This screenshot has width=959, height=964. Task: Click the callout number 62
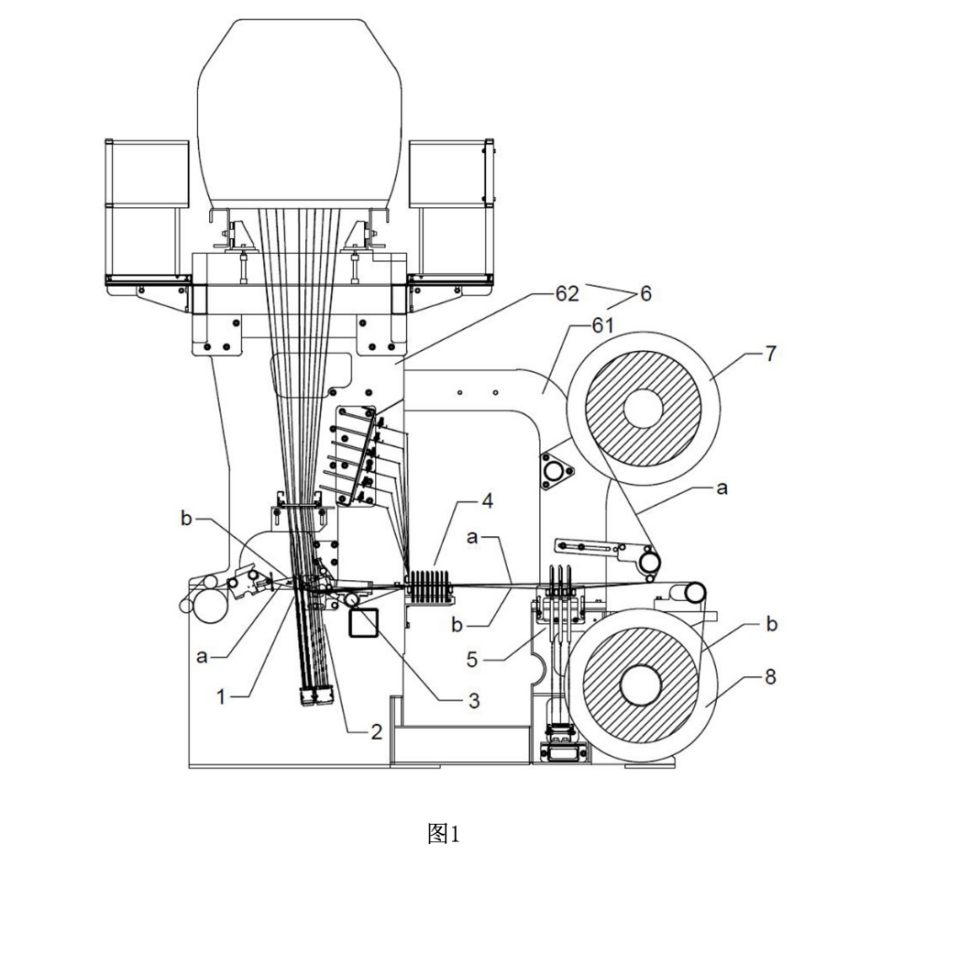click(x=567, y=294)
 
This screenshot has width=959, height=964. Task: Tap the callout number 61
click(x=603, y=324)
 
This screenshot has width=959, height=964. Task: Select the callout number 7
click(x=770, y=354)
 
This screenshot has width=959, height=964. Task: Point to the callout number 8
click(x=770, y=677)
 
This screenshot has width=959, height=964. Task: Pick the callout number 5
click(x=472, y=660)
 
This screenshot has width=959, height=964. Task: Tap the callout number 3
click(x=474, y=700)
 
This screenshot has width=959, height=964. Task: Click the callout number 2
click(x=377, y=731)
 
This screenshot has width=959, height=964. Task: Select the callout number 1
click(x=221, y=697)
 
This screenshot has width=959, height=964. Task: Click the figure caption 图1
click(x=443, y=834)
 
